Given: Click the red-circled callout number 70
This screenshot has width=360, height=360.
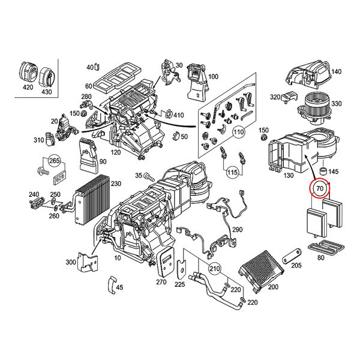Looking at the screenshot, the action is (x=320, y=188).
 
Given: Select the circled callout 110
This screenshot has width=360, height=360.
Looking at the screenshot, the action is (x=239, y=132).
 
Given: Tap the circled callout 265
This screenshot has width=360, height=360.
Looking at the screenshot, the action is (x=55, y=160).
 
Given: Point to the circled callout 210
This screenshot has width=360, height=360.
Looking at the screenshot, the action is (x=214, y=268).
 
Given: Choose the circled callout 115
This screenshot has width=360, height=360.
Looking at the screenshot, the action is (x=232, y=172).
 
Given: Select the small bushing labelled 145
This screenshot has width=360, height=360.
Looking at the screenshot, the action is (x=324, y=171).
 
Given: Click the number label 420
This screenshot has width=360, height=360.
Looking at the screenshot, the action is (x=28, y=87).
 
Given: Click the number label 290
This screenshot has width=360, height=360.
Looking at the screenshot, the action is (x=237, y=230).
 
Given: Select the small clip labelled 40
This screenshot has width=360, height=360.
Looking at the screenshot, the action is (x=97, y=67).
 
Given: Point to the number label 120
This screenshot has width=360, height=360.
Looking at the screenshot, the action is (x=115, y=152).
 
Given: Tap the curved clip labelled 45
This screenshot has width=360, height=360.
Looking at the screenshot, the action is (x=112, y=284).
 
